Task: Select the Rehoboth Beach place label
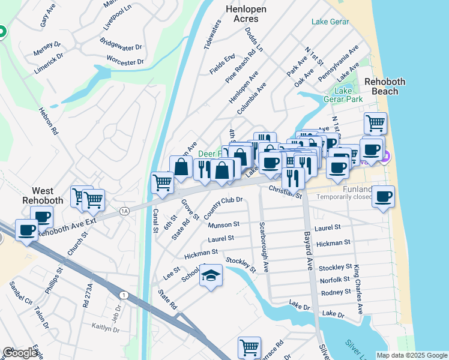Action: click(385, 86)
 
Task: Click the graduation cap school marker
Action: click(211, 277)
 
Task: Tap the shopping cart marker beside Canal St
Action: click(162, 182)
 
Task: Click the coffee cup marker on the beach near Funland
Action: click(382, 196)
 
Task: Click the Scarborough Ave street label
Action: click(263, 247)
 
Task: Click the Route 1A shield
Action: click(124, 211)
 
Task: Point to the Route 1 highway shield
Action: click(124, 295)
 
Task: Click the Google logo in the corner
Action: click(20, 353)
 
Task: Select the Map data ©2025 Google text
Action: click(411, 355)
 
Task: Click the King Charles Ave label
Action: click(358, 290)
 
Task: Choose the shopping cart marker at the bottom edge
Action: click(249, 347)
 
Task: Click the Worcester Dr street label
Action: click(125, 61)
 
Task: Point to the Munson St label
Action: click(224, 225)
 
